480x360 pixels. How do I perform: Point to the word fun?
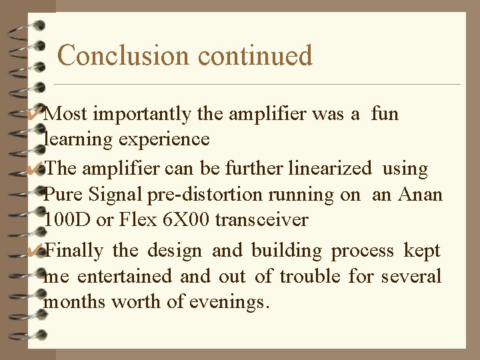pos(385,114)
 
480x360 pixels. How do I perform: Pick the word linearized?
pos(330,169)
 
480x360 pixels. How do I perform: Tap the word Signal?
pos(114,195)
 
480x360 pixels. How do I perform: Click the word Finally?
pos(75,251)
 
